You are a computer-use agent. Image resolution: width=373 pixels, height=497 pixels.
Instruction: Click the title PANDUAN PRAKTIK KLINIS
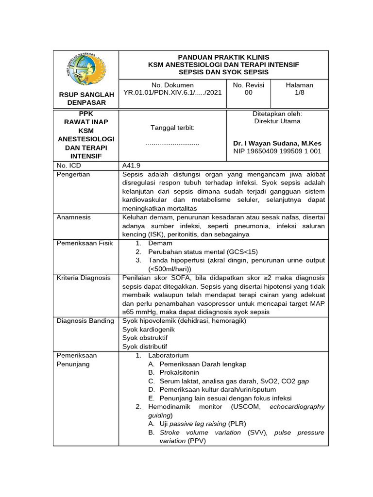coord(224,57)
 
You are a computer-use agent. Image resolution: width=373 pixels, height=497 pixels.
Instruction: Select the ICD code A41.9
coord(132,166)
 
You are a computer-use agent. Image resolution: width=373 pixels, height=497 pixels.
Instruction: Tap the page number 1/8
coord(300,93)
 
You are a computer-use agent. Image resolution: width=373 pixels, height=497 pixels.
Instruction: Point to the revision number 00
coord(248,93)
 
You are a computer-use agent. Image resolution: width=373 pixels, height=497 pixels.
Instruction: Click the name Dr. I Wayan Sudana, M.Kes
coord(277,143)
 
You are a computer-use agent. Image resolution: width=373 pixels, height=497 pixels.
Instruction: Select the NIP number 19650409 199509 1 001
coord(277,151)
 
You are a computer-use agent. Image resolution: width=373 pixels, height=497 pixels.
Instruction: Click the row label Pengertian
coord(73,174)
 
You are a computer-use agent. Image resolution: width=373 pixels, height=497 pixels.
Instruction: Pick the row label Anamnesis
coord(74,217)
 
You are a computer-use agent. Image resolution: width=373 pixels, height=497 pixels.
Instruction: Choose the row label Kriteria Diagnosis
coord(84,278)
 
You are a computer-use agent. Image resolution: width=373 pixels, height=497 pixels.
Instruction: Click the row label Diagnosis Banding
coord(85,320)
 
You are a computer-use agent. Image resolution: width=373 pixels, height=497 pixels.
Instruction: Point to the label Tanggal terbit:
coord(173,127)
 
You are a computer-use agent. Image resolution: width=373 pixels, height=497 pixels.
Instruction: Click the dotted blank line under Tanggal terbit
coord(172,144)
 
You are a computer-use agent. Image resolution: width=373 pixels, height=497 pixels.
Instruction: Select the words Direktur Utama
coord(277,121)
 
